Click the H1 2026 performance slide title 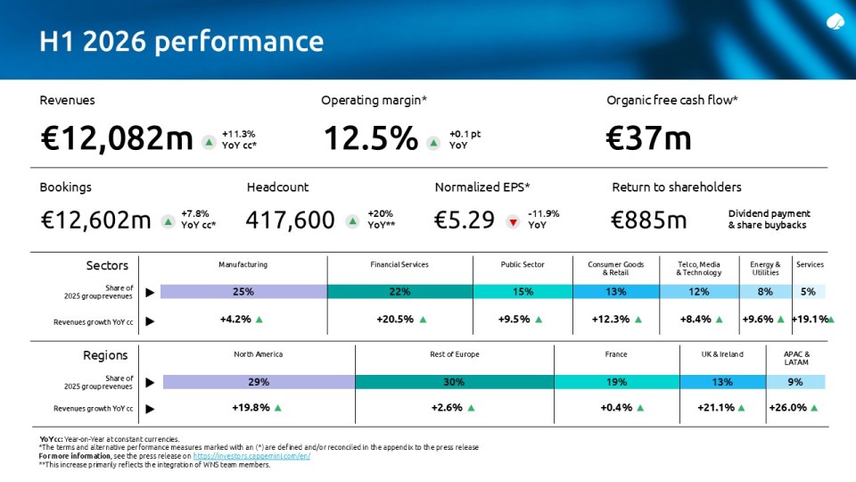coord(181,42)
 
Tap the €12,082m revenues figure coord(117,137)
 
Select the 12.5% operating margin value coord(371,137)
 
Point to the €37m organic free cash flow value coord(648,137)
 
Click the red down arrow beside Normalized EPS coord(513,222)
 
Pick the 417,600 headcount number coord(290,220)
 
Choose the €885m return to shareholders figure coord(648,220)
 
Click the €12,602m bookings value coord(95,220)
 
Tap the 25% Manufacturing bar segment coord(244,292)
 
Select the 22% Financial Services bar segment coord(400,292)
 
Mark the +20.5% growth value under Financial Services coord(395,320)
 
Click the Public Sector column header coord(523,264)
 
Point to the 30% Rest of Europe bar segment coord(454,382)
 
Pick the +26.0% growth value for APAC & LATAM coord(787,408)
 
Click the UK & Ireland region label coord(722,354)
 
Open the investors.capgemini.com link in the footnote coord(251,456)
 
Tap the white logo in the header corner coord(835,21)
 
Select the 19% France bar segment coord(617,382)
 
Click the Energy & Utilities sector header coord(765,269)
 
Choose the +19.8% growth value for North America coord(251,408)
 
